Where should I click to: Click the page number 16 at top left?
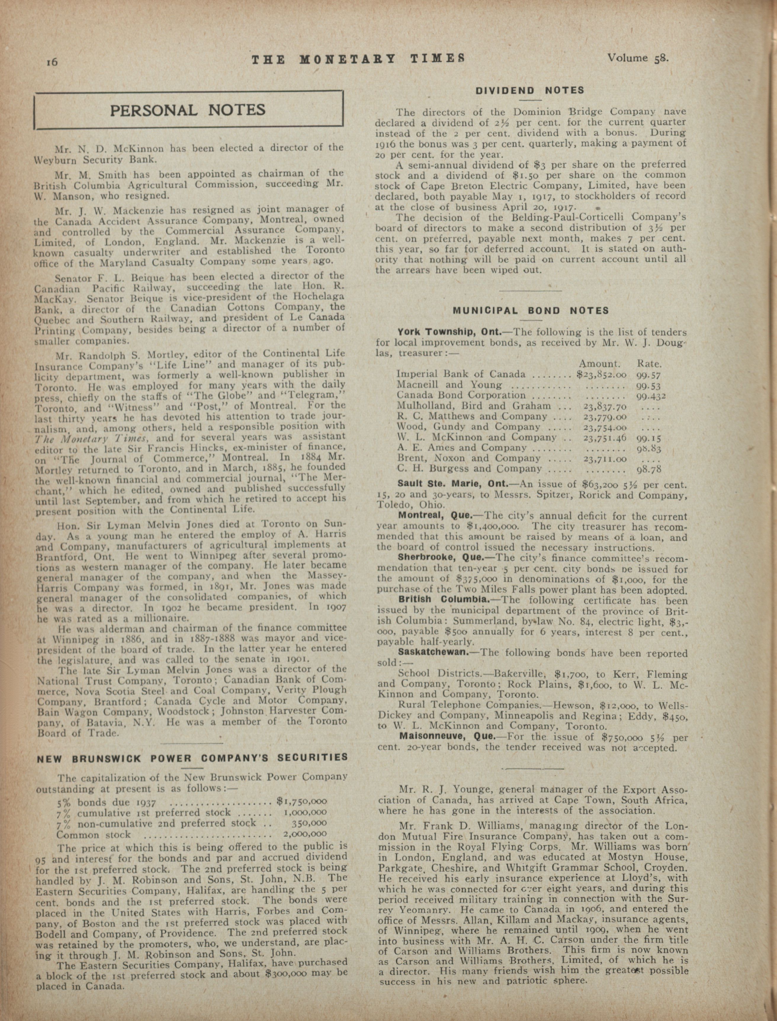tap(51, 62)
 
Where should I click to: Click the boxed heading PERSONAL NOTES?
tap(188, 110)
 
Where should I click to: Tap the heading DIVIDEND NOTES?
tap(530, 91)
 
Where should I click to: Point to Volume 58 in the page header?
tap(638, 58)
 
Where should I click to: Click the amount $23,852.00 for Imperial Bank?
tap(602, 374)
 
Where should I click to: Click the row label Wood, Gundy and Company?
tap(468, 427)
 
